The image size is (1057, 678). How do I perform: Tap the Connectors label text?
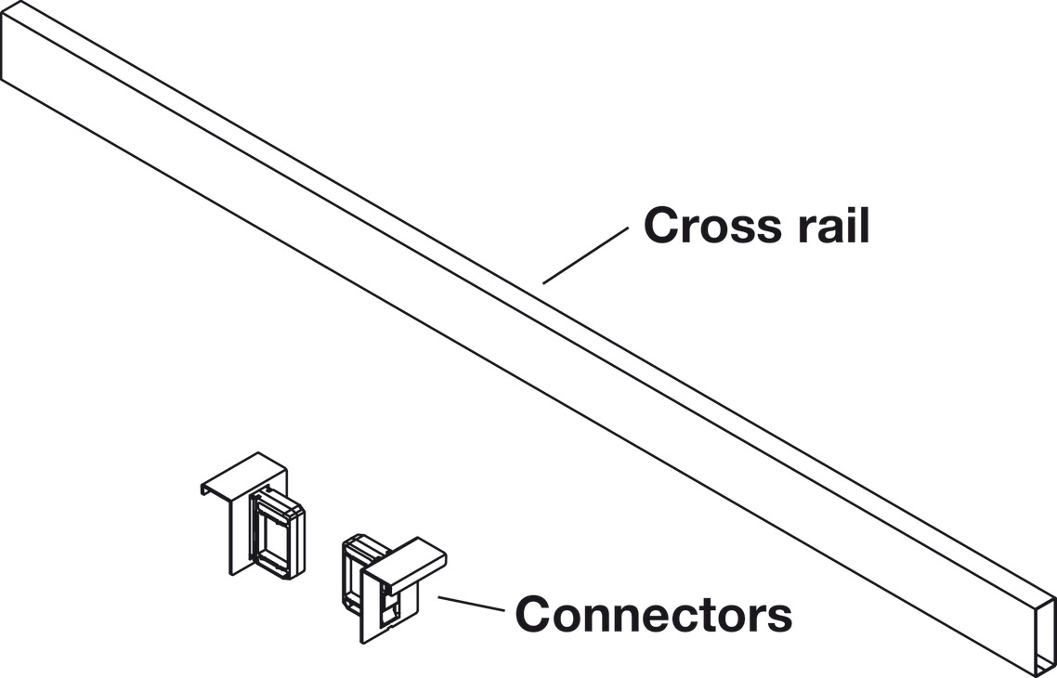[x=653, y=614]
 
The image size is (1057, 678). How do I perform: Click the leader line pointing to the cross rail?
[x=586, y=255]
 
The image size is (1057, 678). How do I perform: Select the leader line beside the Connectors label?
[x=471, y=605]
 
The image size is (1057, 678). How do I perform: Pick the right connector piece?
[x=391, y=585]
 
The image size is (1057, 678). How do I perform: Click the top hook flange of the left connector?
[x=243, y=470]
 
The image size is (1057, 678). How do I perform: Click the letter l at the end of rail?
[x=864, y=225]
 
